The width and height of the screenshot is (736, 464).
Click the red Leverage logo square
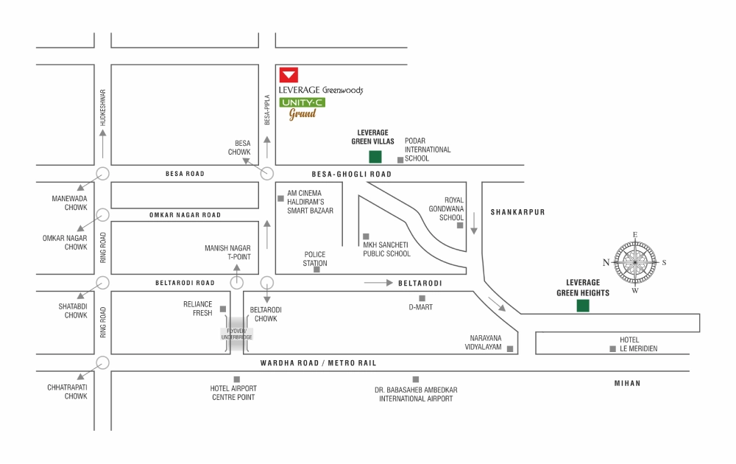pyautogui.click(x=289, y=75)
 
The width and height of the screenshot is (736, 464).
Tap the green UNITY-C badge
pyautogui.click(x=302, y=102)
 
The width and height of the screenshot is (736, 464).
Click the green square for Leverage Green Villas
pyautogui.click(x=375, y=157)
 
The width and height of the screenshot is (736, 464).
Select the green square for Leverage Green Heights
pyautogui.click(x=583, y=306)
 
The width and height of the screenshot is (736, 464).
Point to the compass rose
pyautogui.click(x=635, y=262)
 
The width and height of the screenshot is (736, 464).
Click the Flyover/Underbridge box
pyautogui.click(x=236, y=334)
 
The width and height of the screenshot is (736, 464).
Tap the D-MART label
pyautogui.click(x=420, y=307)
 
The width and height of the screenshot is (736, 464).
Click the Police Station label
pyautogui.click(x=315, y=259)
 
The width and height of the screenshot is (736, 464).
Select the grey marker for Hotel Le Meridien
pyautogui.click(x=612, y=349)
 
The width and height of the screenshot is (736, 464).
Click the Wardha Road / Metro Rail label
pyautogui.click(x=318, y=363)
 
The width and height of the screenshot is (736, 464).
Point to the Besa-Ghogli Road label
pyautogui.click(x=352, y=175)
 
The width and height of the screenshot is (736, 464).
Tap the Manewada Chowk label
pyautogui.click(x=69, y=203)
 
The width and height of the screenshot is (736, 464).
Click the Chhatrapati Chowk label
pyautogui.click(x=67, y=392)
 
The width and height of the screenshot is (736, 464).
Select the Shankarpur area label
pyautogui.click(x=517, y=212)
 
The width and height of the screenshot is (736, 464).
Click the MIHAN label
pyautogui.click(x=628, y=383)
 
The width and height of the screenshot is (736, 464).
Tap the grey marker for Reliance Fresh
pyautogui.click(x=223, y=309)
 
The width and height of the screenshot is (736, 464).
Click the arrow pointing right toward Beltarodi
pyautogui.click(x=378, y=283)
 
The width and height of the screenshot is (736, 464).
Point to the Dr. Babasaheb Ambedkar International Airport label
pyautogui.click(x=416, y=394)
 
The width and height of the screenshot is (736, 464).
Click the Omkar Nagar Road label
pyautogui.click(x=185, y=215)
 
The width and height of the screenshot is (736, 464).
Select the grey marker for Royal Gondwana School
pyautogui.click(x=460, y=225)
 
